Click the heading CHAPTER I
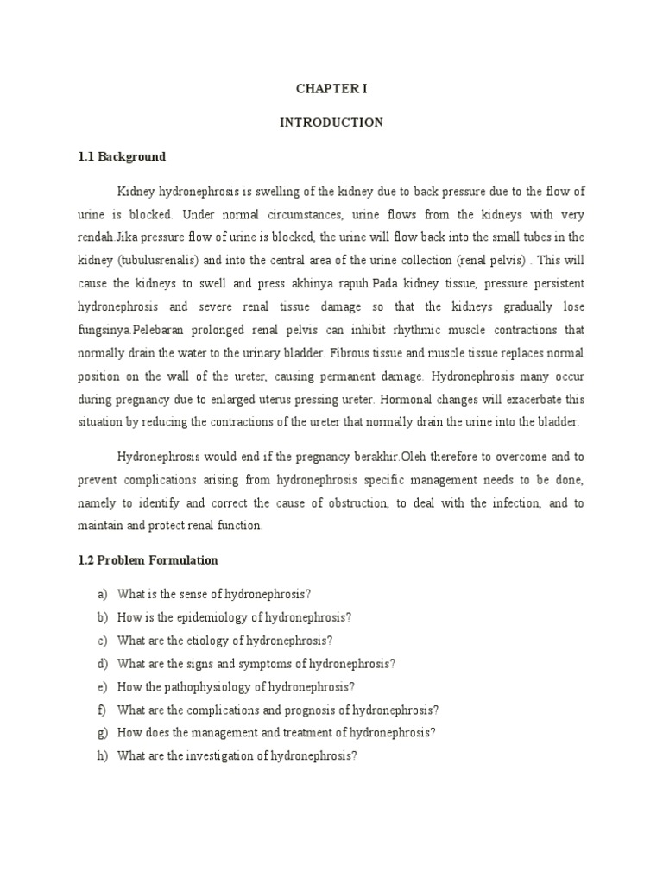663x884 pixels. (331, 88)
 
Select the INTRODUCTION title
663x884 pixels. (331, 123)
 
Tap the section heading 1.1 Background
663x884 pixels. (122, 157)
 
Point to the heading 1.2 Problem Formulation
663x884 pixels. (148, 560)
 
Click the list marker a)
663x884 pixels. (101, 595)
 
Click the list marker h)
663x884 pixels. (101, 756)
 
